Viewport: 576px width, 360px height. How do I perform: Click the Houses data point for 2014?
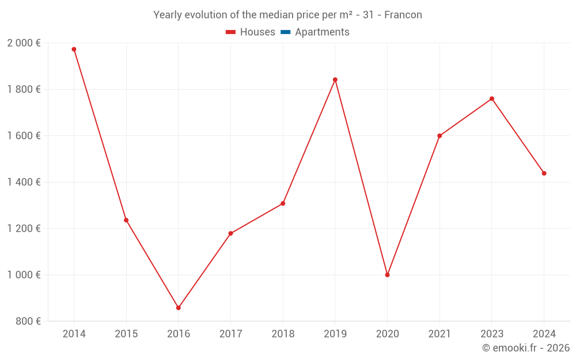click(x=74, y=50)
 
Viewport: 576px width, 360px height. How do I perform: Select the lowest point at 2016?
click(x=179, y=308)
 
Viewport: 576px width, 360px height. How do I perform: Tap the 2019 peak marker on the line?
click(x=335, y=79)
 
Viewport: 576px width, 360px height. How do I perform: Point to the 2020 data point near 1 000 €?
click(x=387, y=275)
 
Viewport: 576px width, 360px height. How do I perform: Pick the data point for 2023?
click(x=492, y=98)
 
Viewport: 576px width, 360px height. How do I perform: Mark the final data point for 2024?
click(x=544, y=173)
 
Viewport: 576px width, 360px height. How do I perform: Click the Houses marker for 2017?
click(x=230, y=233)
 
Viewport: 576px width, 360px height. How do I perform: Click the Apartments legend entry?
click(x=322, y=32)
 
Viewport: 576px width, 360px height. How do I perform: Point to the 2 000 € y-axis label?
click(x=24, y=43)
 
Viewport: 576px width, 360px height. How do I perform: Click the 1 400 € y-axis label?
click(x=24, y=182)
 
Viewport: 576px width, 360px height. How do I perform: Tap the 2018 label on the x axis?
click(x=283, y=334)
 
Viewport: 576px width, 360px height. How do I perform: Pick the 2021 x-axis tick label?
click(x=439, y=334)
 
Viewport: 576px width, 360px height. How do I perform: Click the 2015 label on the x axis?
click(x=126, y=334)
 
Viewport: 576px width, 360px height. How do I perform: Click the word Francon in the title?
click(x=403, y=15)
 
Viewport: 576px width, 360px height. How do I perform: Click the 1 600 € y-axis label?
click(x=24, y=136)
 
